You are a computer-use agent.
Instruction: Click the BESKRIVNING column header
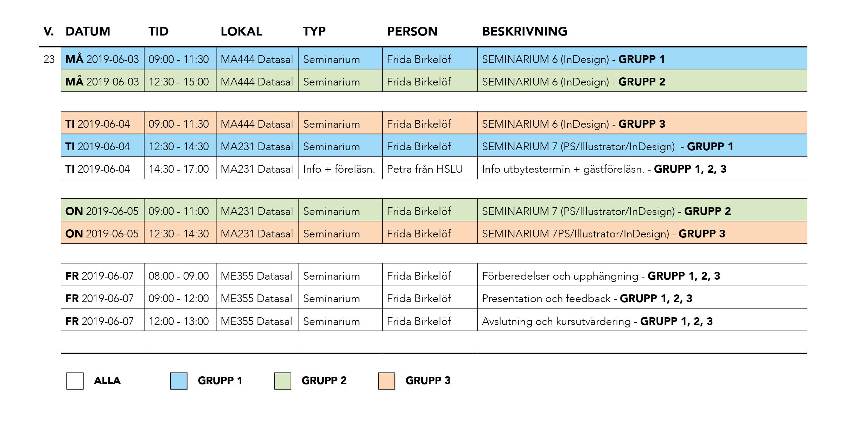[524, 31]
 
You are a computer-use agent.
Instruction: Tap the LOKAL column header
[241, 31]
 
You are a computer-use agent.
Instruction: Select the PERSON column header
[412, 31]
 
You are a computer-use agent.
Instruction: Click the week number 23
[49, 59]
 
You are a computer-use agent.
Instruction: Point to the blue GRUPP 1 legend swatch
[179, 381]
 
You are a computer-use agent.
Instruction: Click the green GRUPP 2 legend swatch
[282, 381]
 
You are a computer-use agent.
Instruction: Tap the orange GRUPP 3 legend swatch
[386, 381]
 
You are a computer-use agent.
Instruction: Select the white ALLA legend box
[75, 381]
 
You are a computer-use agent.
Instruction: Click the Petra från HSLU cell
[425, 169]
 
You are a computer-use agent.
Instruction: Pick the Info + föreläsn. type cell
[339, 169]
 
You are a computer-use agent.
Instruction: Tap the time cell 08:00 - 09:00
[179, 276]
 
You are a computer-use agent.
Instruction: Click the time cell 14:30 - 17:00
[179, 169]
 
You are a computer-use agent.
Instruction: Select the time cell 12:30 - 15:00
[179, 82]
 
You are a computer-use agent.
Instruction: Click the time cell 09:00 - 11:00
[179, 211]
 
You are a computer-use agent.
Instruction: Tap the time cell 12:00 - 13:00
[179, 321]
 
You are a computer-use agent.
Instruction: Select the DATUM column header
[88, 31]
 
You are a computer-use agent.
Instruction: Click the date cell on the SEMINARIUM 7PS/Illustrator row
[102, 234]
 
